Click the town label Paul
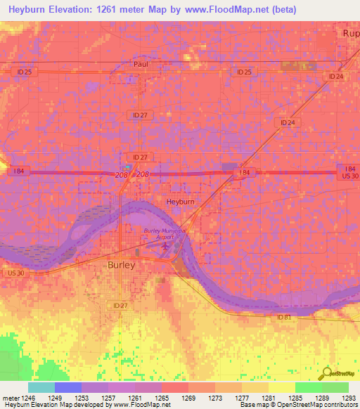(x=140, y=64)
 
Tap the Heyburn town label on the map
(x=180, y=201)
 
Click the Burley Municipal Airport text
(x=169, y=233)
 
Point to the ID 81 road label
(x=283, y=318)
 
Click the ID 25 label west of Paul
(x=24, y=72)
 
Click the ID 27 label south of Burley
(x=120, y=305)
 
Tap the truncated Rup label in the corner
(x=349, y=33)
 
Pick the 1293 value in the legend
(x=349, y=398)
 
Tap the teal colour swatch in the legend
(x=41, y=387)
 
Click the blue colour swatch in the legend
(x=67, y=387)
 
